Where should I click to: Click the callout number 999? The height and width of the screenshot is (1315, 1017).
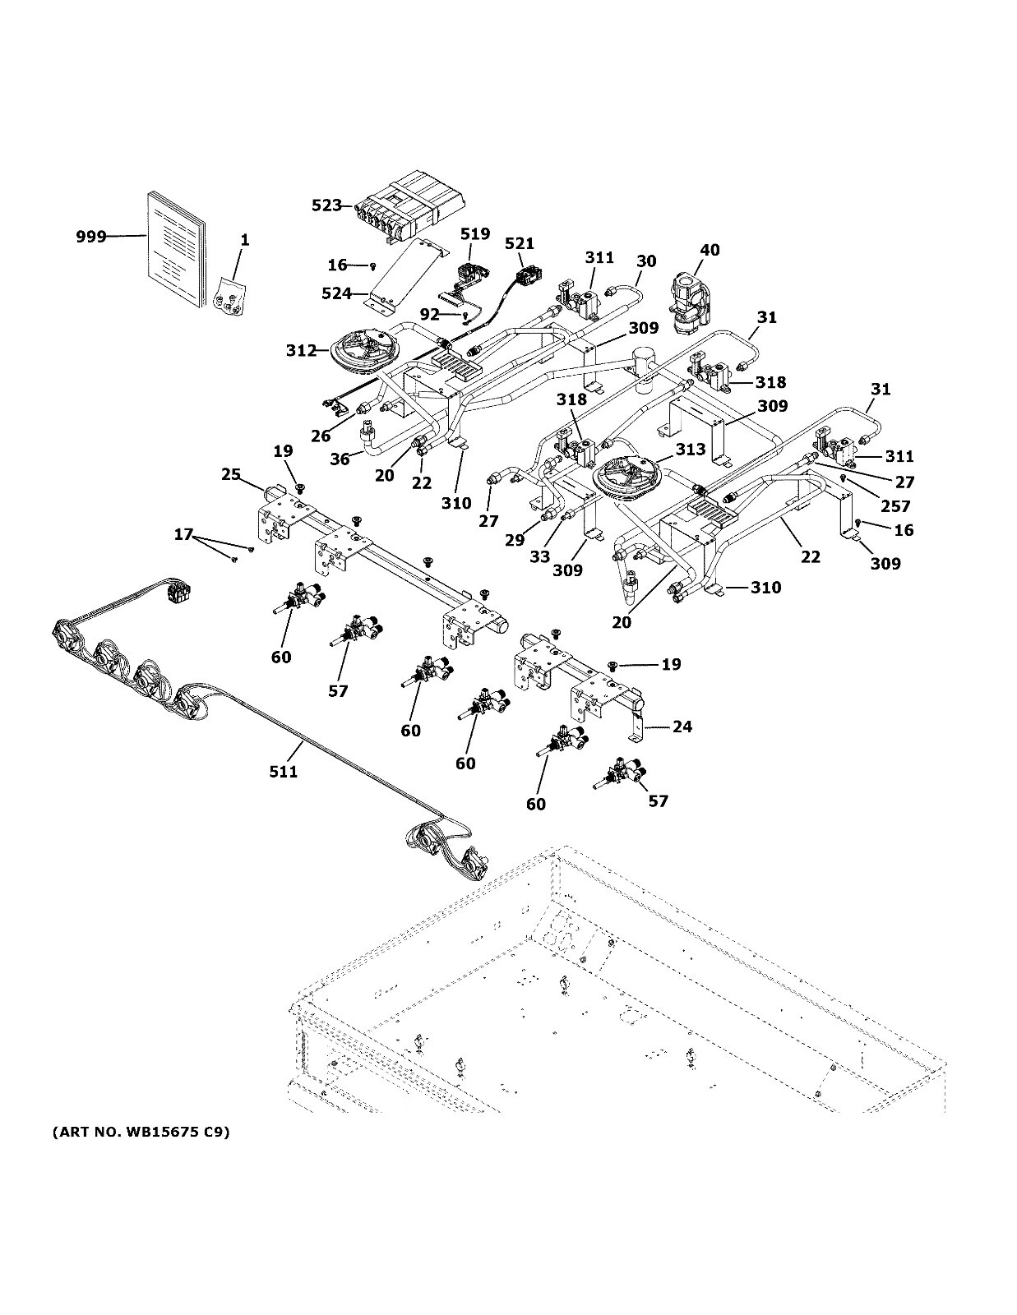click(x=91, y=237)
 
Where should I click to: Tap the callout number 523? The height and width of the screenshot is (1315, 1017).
click(x=326, y=205)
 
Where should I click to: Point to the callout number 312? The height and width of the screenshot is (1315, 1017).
click(x=301, y=351)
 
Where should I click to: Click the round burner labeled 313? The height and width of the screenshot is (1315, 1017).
click(x=627, y=478)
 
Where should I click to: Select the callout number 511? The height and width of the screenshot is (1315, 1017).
click(x=283, y=771)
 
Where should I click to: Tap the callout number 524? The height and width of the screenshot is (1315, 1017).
click(x=337, y=293)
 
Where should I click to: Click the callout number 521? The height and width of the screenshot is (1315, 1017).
click(x=520, y=243)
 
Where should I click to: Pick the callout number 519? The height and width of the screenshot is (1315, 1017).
click(x=474, y=234)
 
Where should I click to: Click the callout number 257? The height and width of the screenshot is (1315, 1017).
click(x=895, y=506)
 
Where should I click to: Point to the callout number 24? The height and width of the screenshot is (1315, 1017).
click(x=682, y=727)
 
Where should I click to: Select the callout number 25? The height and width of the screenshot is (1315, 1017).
click(x=231, y=474)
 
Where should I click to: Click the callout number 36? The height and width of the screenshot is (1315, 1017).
click(x=341, y=459)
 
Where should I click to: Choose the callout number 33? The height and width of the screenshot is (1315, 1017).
click(x=539, y=556)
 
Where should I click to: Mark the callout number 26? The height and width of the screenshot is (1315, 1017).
click(x=321, y=436)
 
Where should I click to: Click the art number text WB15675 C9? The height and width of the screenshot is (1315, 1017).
click(x=141, y=1133)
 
